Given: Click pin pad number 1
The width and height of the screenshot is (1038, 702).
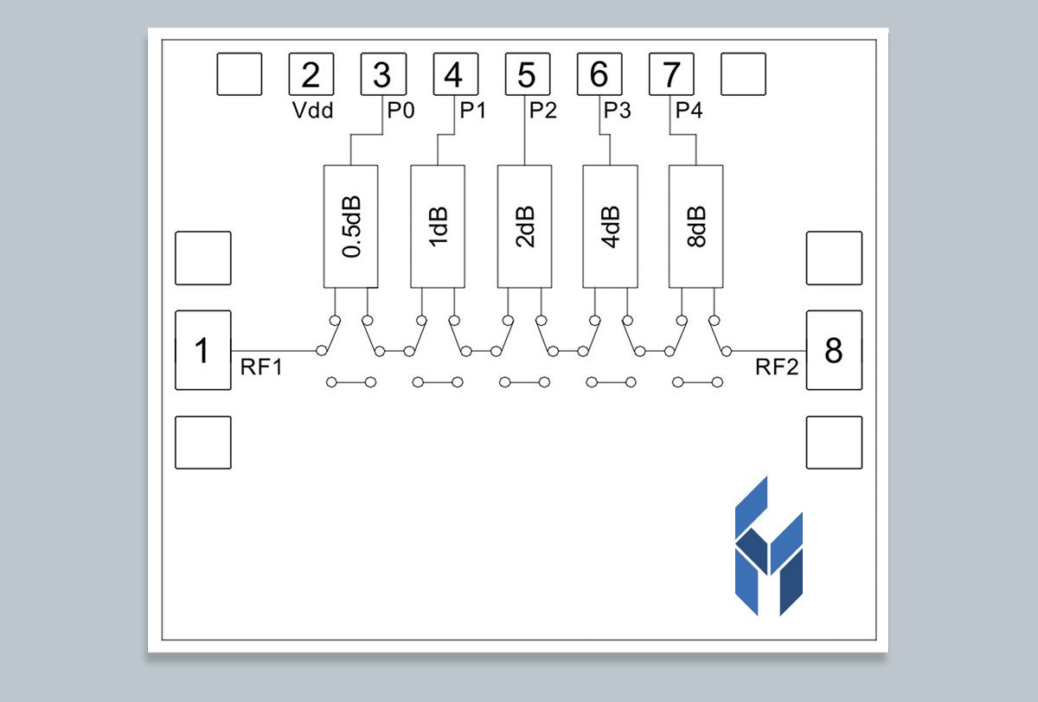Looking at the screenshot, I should (x=203, y=350).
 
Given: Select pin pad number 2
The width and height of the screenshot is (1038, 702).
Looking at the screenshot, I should (x=310, y=75).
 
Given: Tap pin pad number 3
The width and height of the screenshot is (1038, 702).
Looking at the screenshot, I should (x=382, y=75).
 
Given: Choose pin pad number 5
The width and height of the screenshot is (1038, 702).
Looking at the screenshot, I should (x=527, y=75).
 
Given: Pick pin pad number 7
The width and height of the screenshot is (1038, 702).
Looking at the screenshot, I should (x=671, y=75).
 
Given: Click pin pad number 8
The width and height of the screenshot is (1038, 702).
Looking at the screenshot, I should (x=834, y=350).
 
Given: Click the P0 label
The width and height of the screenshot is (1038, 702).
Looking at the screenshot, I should (x=400, y=111).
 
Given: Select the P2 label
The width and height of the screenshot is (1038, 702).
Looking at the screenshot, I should (x=544, y=111).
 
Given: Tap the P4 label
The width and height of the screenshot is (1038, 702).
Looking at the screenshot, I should (x=689, y=111).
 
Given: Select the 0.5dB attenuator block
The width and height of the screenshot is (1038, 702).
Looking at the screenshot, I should (x=350, y=227).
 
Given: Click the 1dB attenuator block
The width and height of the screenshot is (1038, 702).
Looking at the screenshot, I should (x=437, y=227).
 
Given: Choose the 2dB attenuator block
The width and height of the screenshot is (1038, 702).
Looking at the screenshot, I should (x=523, y=227).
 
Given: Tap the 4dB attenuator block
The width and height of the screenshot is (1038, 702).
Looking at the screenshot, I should (x=610, y=227).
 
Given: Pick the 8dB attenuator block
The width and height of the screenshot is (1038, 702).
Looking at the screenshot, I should (x=696, y=227).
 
